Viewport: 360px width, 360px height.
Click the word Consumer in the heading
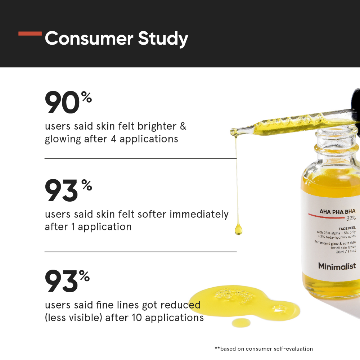89,39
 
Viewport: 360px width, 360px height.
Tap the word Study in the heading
163,39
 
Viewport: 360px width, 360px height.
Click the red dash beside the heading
30,33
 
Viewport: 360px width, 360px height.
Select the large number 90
62,102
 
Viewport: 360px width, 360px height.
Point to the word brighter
157,126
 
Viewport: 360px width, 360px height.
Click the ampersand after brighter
183,126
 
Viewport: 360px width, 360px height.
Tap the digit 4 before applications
114,139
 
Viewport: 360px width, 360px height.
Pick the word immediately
199,214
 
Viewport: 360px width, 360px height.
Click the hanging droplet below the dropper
239,230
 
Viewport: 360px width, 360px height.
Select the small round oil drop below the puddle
241,323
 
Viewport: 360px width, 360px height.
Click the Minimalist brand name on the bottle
337,266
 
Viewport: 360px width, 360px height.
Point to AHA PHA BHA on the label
338,211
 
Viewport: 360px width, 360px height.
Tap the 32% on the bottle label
351,218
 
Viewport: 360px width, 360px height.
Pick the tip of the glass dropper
231,132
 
